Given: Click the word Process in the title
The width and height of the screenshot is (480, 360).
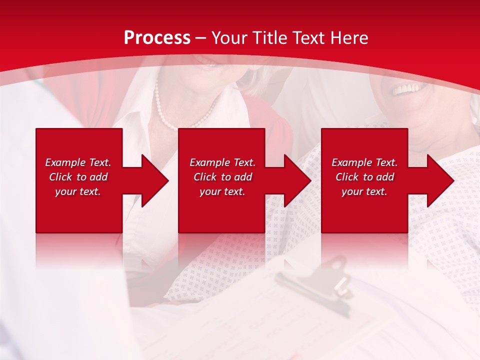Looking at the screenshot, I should pyautogui.click(x=157, y=38).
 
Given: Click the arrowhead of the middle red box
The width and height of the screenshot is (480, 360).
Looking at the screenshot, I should pyautogui.click(x=296, y=180).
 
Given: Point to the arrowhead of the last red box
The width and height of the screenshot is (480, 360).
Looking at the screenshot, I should pyautogui.click(x=439, y=180).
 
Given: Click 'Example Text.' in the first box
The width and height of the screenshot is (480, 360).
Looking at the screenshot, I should pyautogui.click(x=78, y=162).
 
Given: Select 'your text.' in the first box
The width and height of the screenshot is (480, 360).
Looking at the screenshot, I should pyautogui.click(x=78, y=191).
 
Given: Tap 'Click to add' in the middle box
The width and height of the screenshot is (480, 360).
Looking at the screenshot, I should pyautogui.click(x=222, y=177).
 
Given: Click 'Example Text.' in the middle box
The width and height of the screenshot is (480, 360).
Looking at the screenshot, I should pyautogui.click(x=222, y=162).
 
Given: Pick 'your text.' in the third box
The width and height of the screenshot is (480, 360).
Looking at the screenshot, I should pyautogui.click(x=364, y=191).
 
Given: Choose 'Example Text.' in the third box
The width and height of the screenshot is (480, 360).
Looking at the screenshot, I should pyautogui.click(x=364, y=162).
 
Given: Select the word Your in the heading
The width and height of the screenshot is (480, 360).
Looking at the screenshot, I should pyautogui.click(x=230, y=38).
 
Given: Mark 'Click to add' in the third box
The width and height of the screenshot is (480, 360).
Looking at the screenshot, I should pyautogui.click(x=364, y=177).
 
